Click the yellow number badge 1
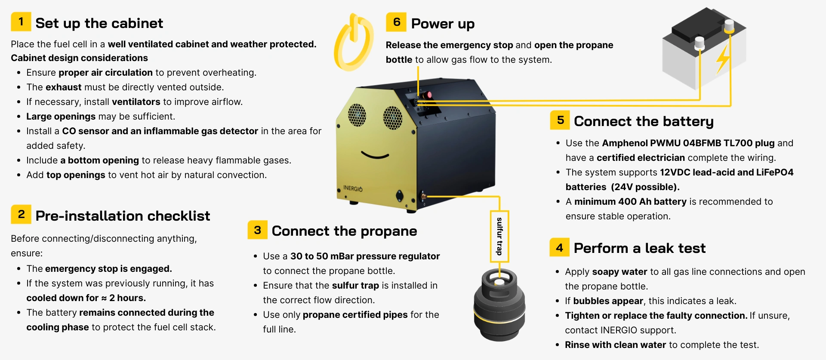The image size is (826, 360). pyautogui.click(x=21, y=22)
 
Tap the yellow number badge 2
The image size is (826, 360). pyautogui.click(x=21, y=214)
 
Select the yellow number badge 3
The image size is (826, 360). pyautogui.click(x=257, y=230)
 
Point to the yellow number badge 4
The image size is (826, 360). pyautogui.click(x=559, y=247)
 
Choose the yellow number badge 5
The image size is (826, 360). pyautogui.click(x=560, y=120)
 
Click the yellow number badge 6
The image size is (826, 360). pyautogui.click(x=396, y=22)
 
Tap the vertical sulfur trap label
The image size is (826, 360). pyautogui.click(x=499, y=236)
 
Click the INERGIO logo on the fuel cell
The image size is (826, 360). pyautogui.click(x=353, y=188)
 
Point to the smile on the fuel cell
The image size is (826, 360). pyautogui.click(x=375, y=155)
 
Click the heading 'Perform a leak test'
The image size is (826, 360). pyautogui.click(x=640, y=248)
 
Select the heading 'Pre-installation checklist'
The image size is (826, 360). pyautogui.click(x=123, y=215)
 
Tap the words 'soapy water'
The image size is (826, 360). pyautogui.click(x=619, y=272)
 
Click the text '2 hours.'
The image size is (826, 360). pyautogui.click(x=127, y=298)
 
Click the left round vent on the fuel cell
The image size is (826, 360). pyautogui.click(x=357, y=115)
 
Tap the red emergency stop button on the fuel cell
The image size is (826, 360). pyautogui.click(x=428, y=94)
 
